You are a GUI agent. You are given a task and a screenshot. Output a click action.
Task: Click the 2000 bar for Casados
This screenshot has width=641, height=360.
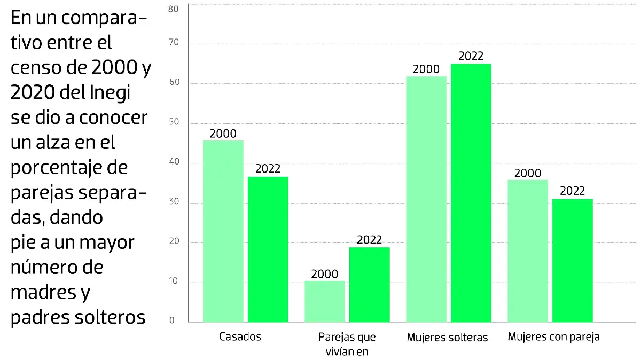click(223, 231)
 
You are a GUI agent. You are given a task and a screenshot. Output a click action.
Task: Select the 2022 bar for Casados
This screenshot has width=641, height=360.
click(268, 249)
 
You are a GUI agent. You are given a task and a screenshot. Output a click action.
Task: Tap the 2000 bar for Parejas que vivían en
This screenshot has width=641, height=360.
click(324, 301)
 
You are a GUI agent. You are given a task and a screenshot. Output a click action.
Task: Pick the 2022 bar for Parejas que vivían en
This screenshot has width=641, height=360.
click(369, 285)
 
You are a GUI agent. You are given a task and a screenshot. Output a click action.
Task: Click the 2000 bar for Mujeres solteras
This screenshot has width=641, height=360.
click(426, 199)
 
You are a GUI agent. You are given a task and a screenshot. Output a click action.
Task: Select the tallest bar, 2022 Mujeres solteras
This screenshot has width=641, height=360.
click(471, 193)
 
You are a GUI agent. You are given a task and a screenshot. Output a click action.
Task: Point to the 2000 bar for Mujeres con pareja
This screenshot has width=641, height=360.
click(527, 251)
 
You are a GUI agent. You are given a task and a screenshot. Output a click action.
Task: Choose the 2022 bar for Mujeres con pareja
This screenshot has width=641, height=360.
click(572, 261)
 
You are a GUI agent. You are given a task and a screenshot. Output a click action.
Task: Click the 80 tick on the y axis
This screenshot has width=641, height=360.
click(173, 9)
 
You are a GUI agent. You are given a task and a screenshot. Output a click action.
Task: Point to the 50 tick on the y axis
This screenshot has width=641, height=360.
click(173, 123)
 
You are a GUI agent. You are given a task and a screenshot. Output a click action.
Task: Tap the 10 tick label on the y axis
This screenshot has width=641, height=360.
click(173, 282)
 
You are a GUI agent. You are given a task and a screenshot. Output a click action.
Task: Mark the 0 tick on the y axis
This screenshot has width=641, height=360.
click(173, 320)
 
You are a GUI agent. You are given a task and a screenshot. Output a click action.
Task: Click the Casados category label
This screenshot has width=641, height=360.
click(240, 337)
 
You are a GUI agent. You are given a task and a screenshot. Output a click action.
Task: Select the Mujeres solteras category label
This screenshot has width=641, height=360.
click(447, 338)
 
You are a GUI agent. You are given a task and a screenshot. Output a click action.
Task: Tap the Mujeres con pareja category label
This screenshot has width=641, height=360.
click(553, 337)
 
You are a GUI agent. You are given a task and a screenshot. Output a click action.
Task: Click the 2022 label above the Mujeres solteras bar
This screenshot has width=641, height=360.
click(471, 56)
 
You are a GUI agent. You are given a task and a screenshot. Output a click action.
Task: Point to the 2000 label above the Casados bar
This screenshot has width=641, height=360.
click(223, 133)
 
